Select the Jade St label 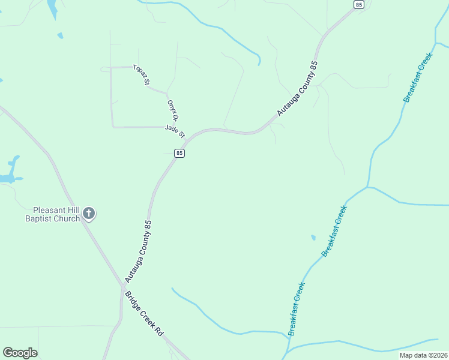(x=175, y=130)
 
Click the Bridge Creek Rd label (x=144, y=313)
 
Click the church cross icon (x=89, y=213)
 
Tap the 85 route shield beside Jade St (x=179, y=153)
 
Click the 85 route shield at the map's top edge (x=359, y=4)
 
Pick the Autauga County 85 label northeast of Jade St (x=297, y=89)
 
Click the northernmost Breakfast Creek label (x=418, y=77)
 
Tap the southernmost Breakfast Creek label (x=297, y=308)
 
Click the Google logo (x=20, y=353)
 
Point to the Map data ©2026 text (x=423, y=355)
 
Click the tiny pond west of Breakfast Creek (x=313, y=238)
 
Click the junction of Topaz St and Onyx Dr (x=166, y=93)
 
